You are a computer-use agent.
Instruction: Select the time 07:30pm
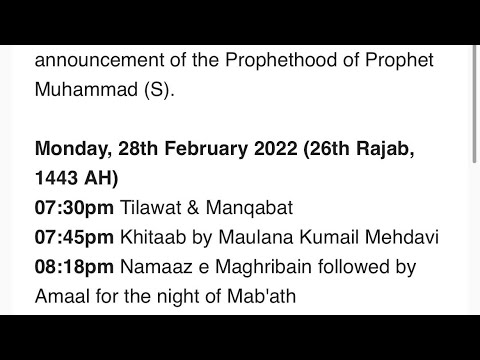[x=74, y=209]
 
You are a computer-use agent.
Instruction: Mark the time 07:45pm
[x=74, y=238]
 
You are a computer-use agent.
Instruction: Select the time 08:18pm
[x=74, y=267]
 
